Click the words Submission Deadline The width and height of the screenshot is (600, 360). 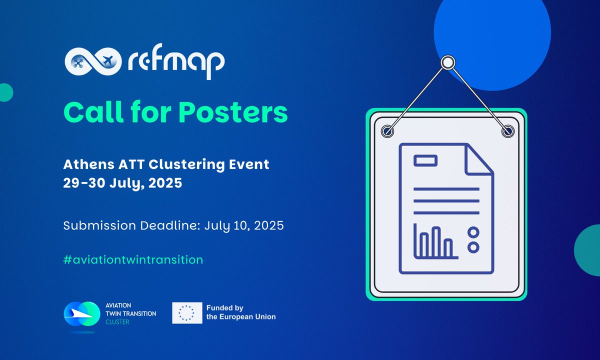coord(132,225)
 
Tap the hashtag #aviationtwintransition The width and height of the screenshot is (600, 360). coord(133,260)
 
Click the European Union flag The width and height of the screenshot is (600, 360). coord(187,313)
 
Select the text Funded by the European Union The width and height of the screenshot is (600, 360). coord(240,313)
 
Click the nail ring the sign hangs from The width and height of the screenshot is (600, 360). coord(447,62)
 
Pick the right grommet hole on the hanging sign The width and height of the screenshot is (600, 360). coord(508,131)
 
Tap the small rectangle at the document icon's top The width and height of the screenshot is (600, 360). coord(425,160)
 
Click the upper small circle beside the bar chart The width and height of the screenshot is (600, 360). coord(473,231)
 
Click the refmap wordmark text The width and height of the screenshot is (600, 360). coord(175,60)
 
